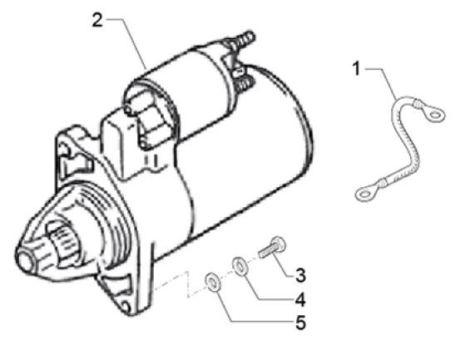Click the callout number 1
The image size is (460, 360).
[357, 69]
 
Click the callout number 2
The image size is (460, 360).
[97, 20]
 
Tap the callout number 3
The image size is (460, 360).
[300, 275]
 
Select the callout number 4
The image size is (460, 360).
[300, 299]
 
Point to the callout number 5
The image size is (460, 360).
[300, 323]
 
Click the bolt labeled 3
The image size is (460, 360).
[272, 249]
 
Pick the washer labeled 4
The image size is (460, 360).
[240, 266]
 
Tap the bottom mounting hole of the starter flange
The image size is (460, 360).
[126, 307]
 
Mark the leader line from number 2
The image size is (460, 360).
[126, 44]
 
